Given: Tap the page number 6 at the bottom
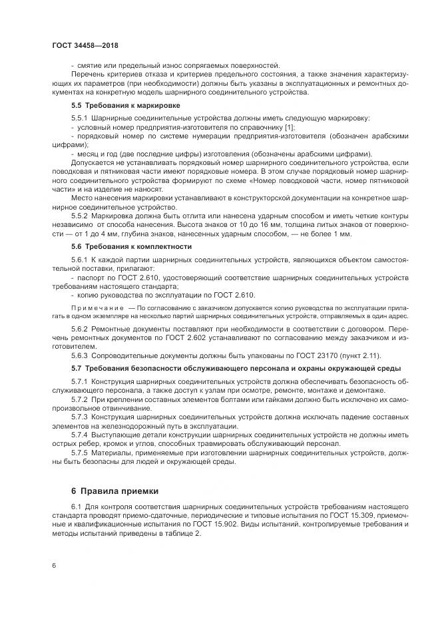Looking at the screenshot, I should [x=53, y=565].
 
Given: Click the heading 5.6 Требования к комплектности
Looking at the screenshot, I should [x=131, y=246].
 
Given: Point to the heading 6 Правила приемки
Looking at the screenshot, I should [x=114, y=491].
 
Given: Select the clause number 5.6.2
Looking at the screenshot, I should [x=79, y=329].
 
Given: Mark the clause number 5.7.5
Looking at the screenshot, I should [x=79, y=453].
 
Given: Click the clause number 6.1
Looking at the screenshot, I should [x=76, y=507].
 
